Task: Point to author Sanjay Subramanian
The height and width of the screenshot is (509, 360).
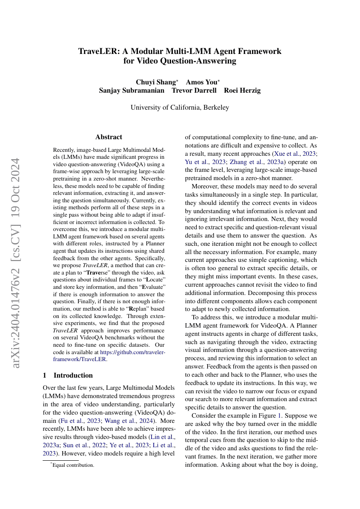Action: tap(132, 90)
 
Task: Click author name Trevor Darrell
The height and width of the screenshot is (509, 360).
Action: tap(194, 90)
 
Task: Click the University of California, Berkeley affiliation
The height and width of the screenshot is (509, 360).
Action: tap(180, 107)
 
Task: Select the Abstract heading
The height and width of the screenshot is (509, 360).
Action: tap(108, 137)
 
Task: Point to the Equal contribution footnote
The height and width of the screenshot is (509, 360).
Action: tap(73, 465)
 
